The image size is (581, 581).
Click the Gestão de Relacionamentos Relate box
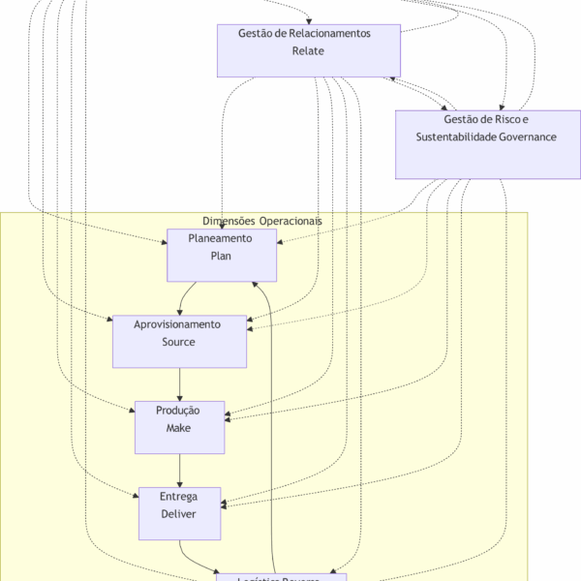(308, 50)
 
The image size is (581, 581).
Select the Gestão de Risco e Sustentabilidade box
(486, 144)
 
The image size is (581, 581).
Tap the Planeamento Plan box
(222, 256)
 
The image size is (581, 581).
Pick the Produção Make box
(179, 427)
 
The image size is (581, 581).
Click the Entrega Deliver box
(179, 513)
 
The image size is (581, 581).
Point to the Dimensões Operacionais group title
(262, 221)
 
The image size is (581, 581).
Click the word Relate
(308, 51)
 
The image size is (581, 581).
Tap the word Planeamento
(221, 238)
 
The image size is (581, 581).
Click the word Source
(179, 342)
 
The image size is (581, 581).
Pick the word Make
(179, 428)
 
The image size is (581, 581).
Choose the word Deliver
(179, 514)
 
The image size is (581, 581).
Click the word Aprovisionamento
(178, 324)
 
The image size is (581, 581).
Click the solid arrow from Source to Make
(179, 384)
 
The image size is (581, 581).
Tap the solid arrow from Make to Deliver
(179, 471)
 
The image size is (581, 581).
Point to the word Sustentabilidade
(456, 138)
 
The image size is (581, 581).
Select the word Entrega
(179, 497)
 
